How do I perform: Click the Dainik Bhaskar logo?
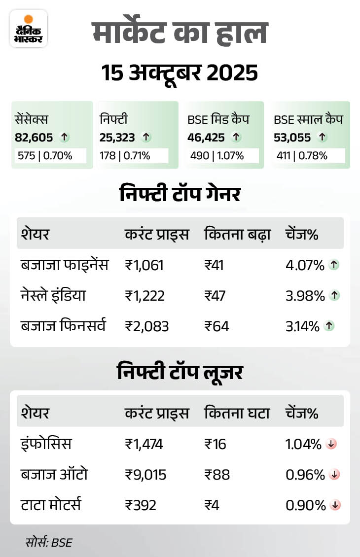pyautogui.click(x=28, y=28)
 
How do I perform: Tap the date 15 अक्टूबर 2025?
pyautogui.click(x=180, y=73)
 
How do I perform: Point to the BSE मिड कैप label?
pyautogui.click(x=218, y=119)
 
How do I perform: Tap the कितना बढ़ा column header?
pyautogui.click(x=237, y=234)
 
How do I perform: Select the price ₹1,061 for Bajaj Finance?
pyautogui.click(x=144, y=265)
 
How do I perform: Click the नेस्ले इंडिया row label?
pyautogui.click(x=53, y=296)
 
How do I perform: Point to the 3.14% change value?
pyautogui.click(x=305, y=326)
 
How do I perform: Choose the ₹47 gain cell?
pyautogui.click(x=215, y=296)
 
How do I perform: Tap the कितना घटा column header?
pyautogui.click(x=237, y=413)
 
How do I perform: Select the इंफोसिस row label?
pyautogui.click(x=46, y=444)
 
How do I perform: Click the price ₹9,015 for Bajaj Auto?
pyautogui.click(x=145, y=475)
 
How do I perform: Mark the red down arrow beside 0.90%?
pyautogui.click(x=336, y=505)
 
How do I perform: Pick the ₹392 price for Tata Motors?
pyautogui.click(x=140, y=505)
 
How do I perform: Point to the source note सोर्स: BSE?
pyautogui.click(x=49, y=543)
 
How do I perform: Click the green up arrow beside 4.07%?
pyautogui.click(x=334, y=265)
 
